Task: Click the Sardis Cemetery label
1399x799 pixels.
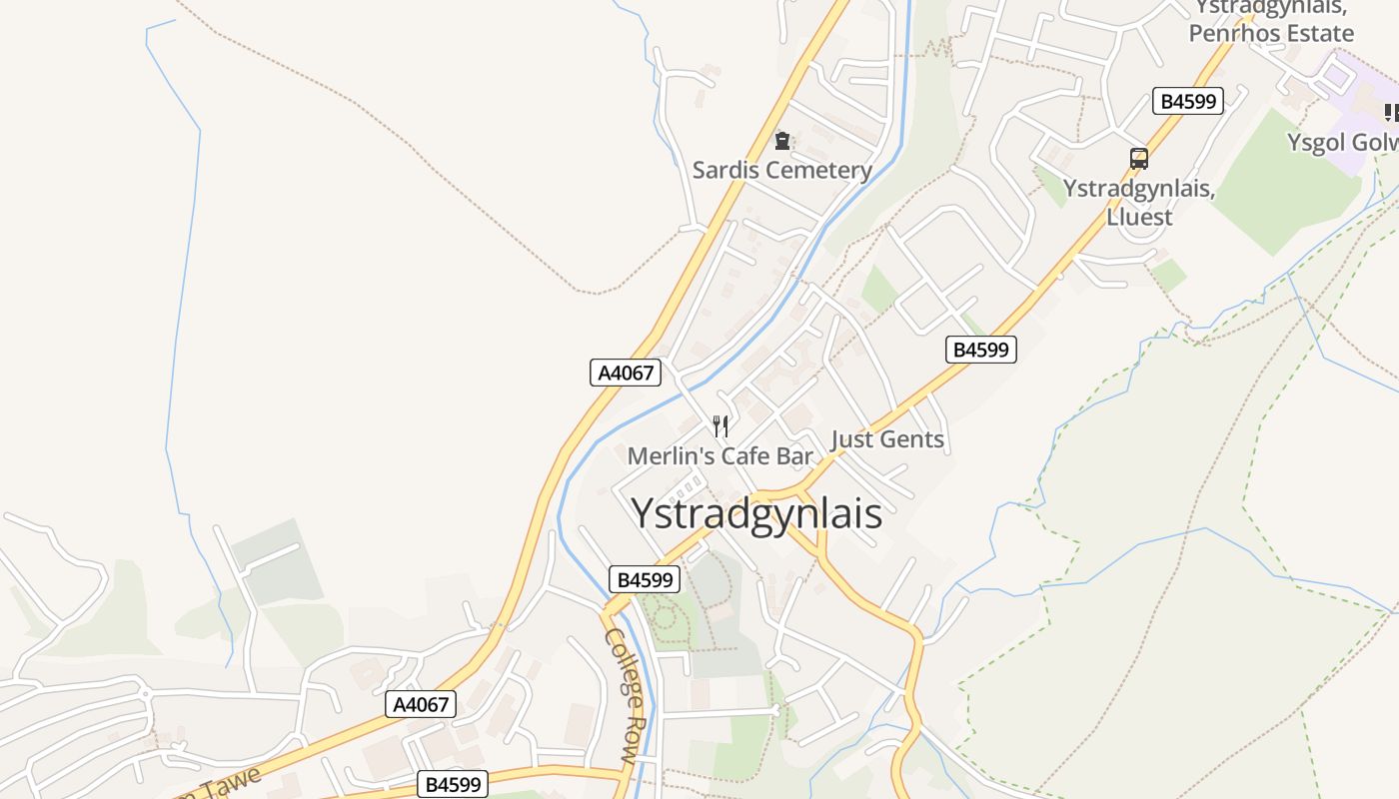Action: pyautogui.click(x=782, y=170)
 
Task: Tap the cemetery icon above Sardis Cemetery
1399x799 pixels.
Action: pyautogui.click(x=782, y=141)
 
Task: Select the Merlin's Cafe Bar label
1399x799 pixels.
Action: pyautogui.click(x=719, y=456)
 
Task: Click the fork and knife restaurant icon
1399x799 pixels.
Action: pyautogui.click(x=719, y=426)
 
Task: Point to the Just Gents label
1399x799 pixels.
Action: pyautogui.click(x=887, y=439)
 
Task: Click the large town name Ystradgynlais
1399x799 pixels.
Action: pyautogui.click(x=756, y=513)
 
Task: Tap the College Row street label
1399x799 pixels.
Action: pyautogui.click(x=620, y=696)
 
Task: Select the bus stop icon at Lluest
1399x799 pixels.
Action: pyautogui.click(x=1138, y=158)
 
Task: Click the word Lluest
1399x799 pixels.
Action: pyautogui.click(x=1139, y=216)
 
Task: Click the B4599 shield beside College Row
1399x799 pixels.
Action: pyautogui.click(x=645, y=579)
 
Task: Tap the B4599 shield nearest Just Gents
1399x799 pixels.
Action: pyautogui.click(x=981, y=350)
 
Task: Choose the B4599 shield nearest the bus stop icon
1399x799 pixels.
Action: pyautogui.click(x=1188, y=101)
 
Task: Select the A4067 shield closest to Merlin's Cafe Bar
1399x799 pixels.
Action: pyautogui.click(x=626, y=374)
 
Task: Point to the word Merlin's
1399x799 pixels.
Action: pyautogui.click(x=667, y=456)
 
